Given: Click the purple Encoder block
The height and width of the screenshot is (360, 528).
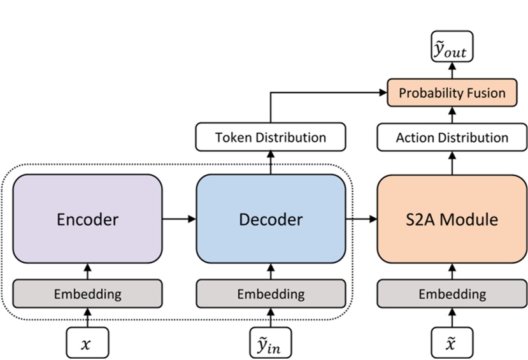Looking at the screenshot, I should click(88, 219).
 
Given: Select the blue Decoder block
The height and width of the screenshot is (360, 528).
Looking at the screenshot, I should click(271, 219).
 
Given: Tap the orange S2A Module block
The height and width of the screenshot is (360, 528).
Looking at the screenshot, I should click(452, 219).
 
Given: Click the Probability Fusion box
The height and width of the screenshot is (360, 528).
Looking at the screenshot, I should click(452, 93).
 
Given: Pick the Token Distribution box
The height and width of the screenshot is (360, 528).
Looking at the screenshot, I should click(271, 138).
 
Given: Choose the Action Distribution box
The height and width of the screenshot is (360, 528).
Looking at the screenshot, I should click(452, 138).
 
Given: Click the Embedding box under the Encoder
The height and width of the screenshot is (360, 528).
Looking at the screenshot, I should click(88, 294).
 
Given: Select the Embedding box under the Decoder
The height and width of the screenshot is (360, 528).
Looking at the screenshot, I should click(271, 294).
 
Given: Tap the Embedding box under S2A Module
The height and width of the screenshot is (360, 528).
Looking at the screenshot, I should click(452, 294).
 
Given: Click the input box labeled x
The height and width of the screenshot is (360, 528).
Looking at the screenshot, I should click(88, 344).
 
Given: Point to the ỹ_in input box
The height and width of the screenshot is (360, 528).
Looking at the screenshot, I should click(271, 344).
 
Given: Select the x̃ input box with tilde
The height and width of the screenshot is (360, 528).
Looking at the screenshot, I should click(452, 344).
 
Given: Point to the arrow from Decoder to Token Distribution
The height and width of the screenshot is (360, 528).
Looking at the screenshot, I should click(271, 162).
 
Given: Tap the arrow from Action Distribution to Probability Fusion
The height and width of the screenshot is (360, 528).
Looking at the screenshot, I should click(452, 115).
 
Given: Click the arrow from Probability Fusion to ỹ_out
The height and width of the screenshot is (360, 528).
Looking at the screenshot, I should click(452, 71).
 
